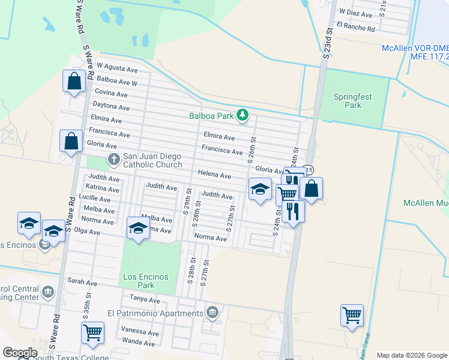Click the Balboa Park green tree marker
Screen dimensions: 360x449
pyautogui.click(x=242, y=115)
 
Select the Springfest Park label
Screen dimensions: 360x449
pyautogui.click(x=348, y=100)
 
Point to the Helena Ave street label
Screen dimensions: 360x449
pyautogui.click(x=214, y=175)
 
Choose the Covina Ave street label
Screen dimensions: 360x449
pyautogui.click(x=111, y=94)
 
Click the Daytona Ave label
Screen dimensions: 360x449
pyautogui.click(x=112, y=107)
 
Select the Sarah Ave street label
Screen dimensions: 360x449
pyautogui.click(x=82, y=281)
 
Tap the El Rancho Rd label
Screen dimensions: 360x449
pyautogui.click(x=355, y=28)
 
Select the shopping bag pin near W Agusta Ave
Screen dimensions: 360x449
pyautogui.click(x=74, y=82)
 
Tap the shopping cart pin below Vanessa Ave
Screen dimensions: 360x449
pyautogui.click(x=93, y=332)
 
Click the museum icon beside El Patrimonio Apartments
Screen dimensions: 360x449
pyautogui.click(x=212, y=313)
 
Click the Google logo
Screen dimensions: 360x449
pyautogui.click(x=20, y=353)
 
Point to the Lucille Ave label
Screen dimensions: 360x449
pyautogui.click(x=94, y=198)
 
